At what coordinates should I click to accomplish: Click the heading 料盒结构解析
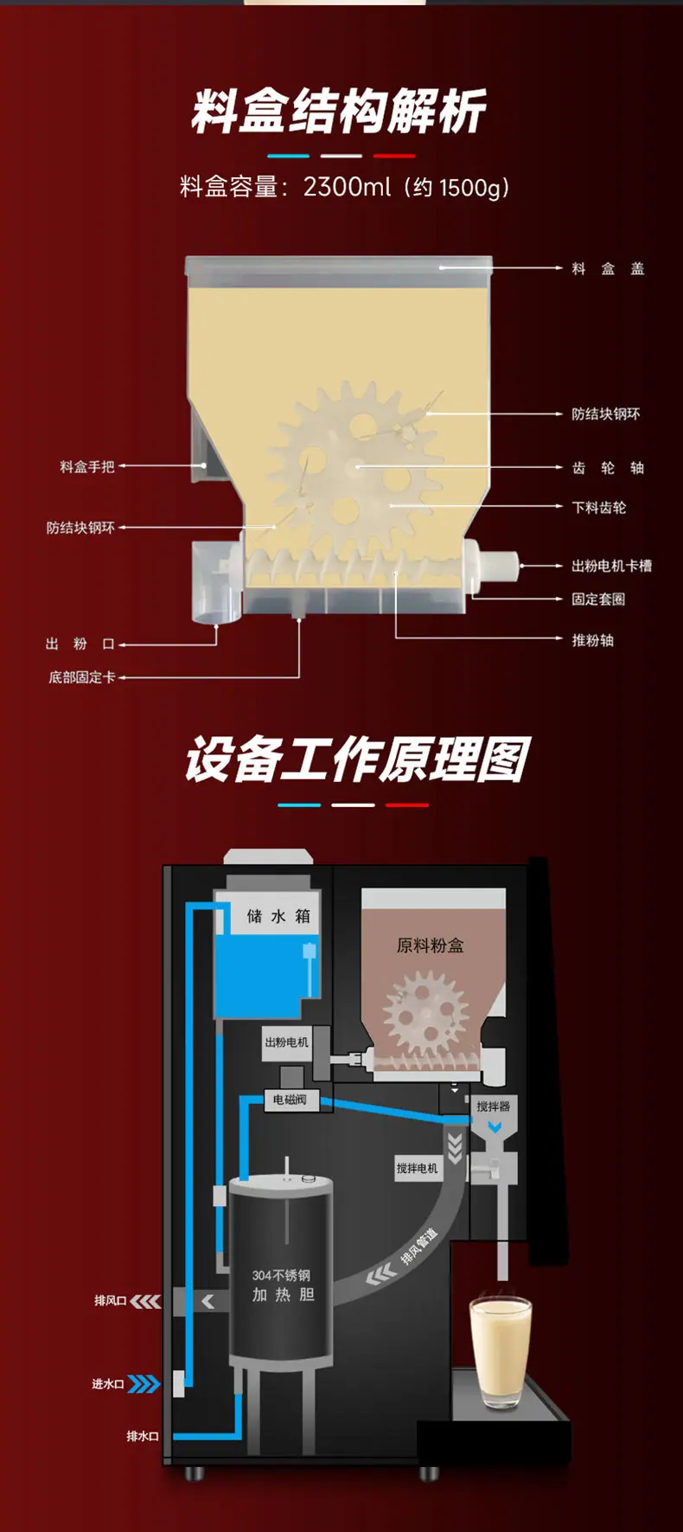338,112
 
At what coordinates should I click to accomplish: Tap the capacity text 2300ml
347,186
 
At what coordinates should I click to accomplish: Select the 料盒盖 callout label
608,269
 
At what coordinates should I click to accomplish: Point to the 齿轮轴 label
608,468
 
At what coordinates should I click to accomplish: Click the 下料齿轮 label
598,508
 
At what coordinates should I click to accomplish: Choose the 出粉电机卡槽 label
611,566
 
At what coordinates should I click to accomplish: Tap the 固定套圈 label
598,599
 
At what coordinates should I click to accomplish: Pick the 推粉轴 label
592,640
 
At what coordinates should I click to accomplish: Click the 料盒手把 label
87,467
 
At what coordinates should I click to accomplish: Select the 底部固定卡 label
82,677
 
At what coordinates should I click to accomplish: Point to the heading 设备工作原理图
357,760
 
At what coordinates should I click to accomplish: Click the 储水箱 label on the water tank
278,916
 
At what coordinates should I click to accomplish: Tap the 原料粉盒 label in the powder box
430,945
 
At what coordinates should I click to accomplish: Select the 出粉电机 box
286,1042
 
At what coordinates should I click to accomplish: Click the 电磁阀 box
290,1099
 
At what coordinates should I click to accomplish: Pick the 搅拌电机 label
417,1169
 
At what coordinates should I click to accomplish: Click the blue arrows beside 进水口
144,1384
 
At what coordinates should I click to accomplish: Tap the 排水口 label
143,1436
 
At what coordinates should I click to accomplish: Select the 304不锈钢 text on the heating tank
281,1275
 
